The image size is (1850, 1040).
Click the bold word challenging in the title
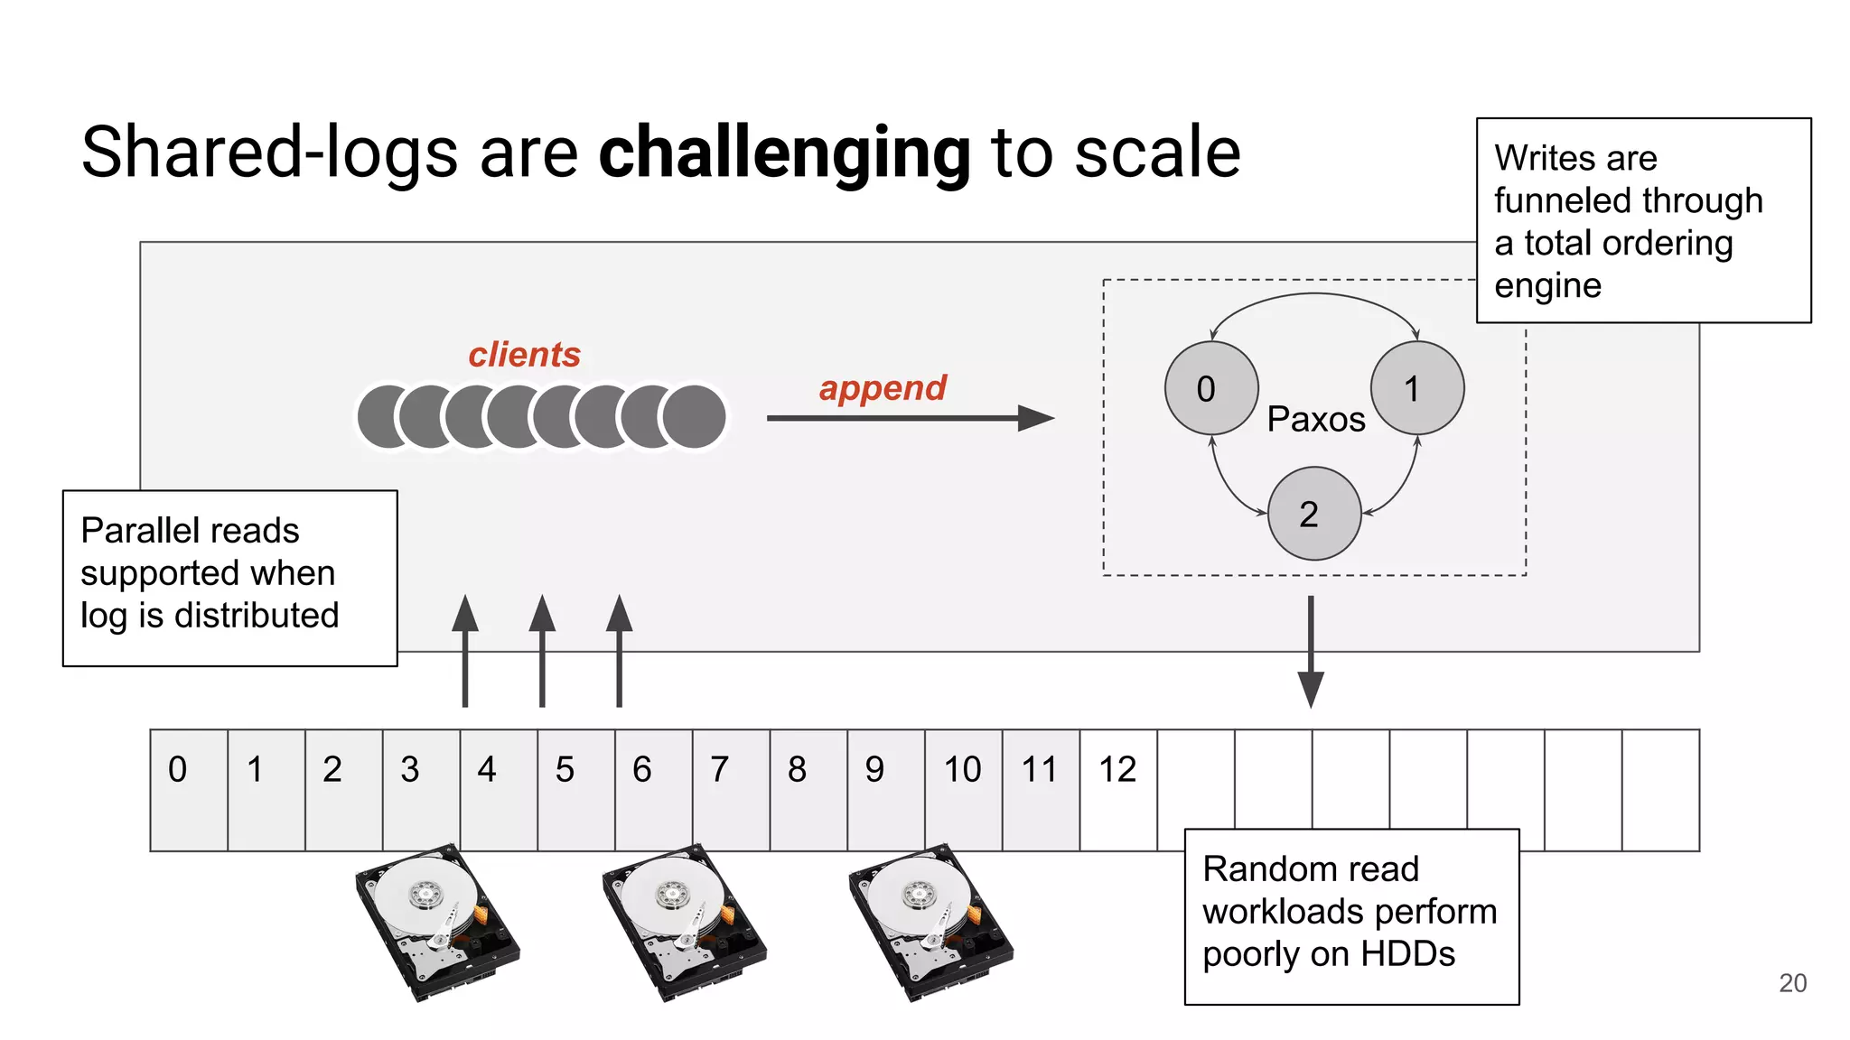784,153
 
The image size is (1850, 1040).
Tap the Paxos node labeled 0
1210,388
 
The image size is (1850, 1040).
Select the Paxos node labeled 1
1416,388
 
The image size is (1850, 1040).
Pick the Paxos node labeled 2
1313,514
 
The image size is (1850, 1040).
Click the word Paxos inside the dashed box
1315,420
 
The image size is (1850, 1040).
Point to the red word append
882,388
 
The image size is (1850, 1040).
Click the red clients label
524,355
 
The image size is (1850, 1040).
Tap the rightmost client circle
694,416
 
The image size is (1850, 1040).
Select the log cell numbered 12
1117,789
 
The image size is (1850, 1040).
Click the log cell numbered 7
730,789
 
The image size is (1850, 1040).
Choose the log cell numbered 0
189,789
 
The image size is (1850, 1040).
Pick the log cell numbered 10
963,789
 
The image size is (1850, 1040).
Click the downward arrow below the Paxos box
1310,652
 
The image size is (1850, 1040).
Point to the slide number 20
1792,983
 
